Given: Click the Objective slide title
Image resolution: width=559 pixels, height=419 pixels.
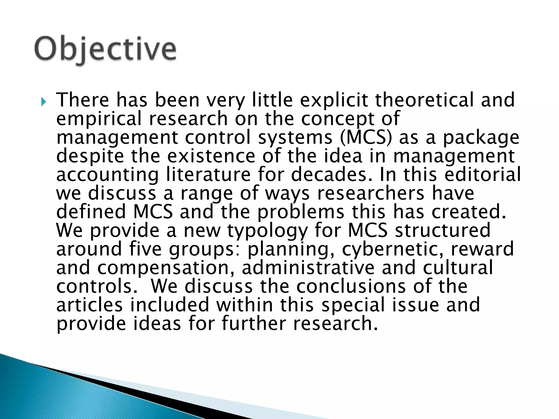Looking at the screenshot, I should pos(105,49).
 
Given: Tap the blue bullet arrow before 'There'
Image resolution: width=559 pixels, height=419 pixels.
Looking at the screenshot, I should pos(43,102).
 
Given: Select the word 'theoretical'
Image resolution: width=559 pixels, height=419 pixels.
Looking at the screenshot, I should pos(424,100).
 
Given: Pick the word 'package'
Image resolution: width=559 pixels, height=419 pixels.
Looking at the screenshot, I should pos(481,138).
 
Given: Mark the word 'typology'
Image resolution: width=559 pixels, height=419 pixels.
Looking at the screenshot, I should pos(267,231).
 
